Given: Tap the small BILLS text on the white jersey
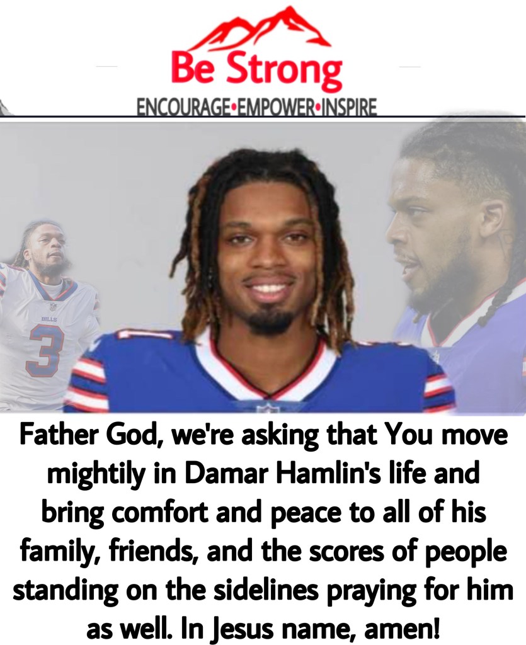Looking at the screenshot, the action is (46, 318).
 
